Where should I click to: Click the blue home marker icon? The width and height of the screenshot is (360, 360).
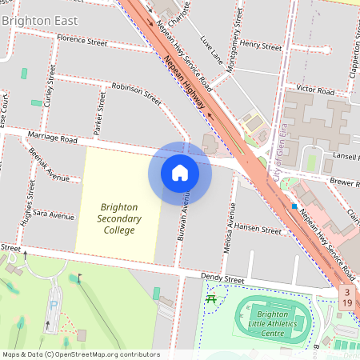(x=180, y=173)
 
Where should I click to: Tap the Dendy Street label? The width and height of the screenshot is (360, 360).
(x=222, y=280)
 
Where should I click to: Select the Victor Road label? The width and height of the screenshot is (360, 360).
(x=314, y=90)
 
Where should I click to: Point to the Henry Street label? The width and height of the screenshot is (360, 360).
(x=261, y=46)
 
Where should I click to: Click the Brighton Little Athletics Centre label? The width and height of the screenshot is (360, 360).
(x=272, y=323)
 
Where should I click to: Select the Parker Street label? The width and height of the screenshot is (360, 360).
(x=101, y=113)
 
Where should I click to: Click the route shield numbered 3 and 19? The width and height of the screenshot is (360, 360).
(x=346, y=298)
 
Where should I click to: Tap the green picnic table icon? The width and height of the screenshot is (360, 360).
(x=211, y=300)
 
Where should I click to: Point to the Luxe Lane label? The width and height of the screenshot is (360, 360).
(x=211, y=50)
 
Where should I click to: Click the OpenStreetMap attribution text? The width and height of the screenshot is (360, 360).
(x=80, y=354)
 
